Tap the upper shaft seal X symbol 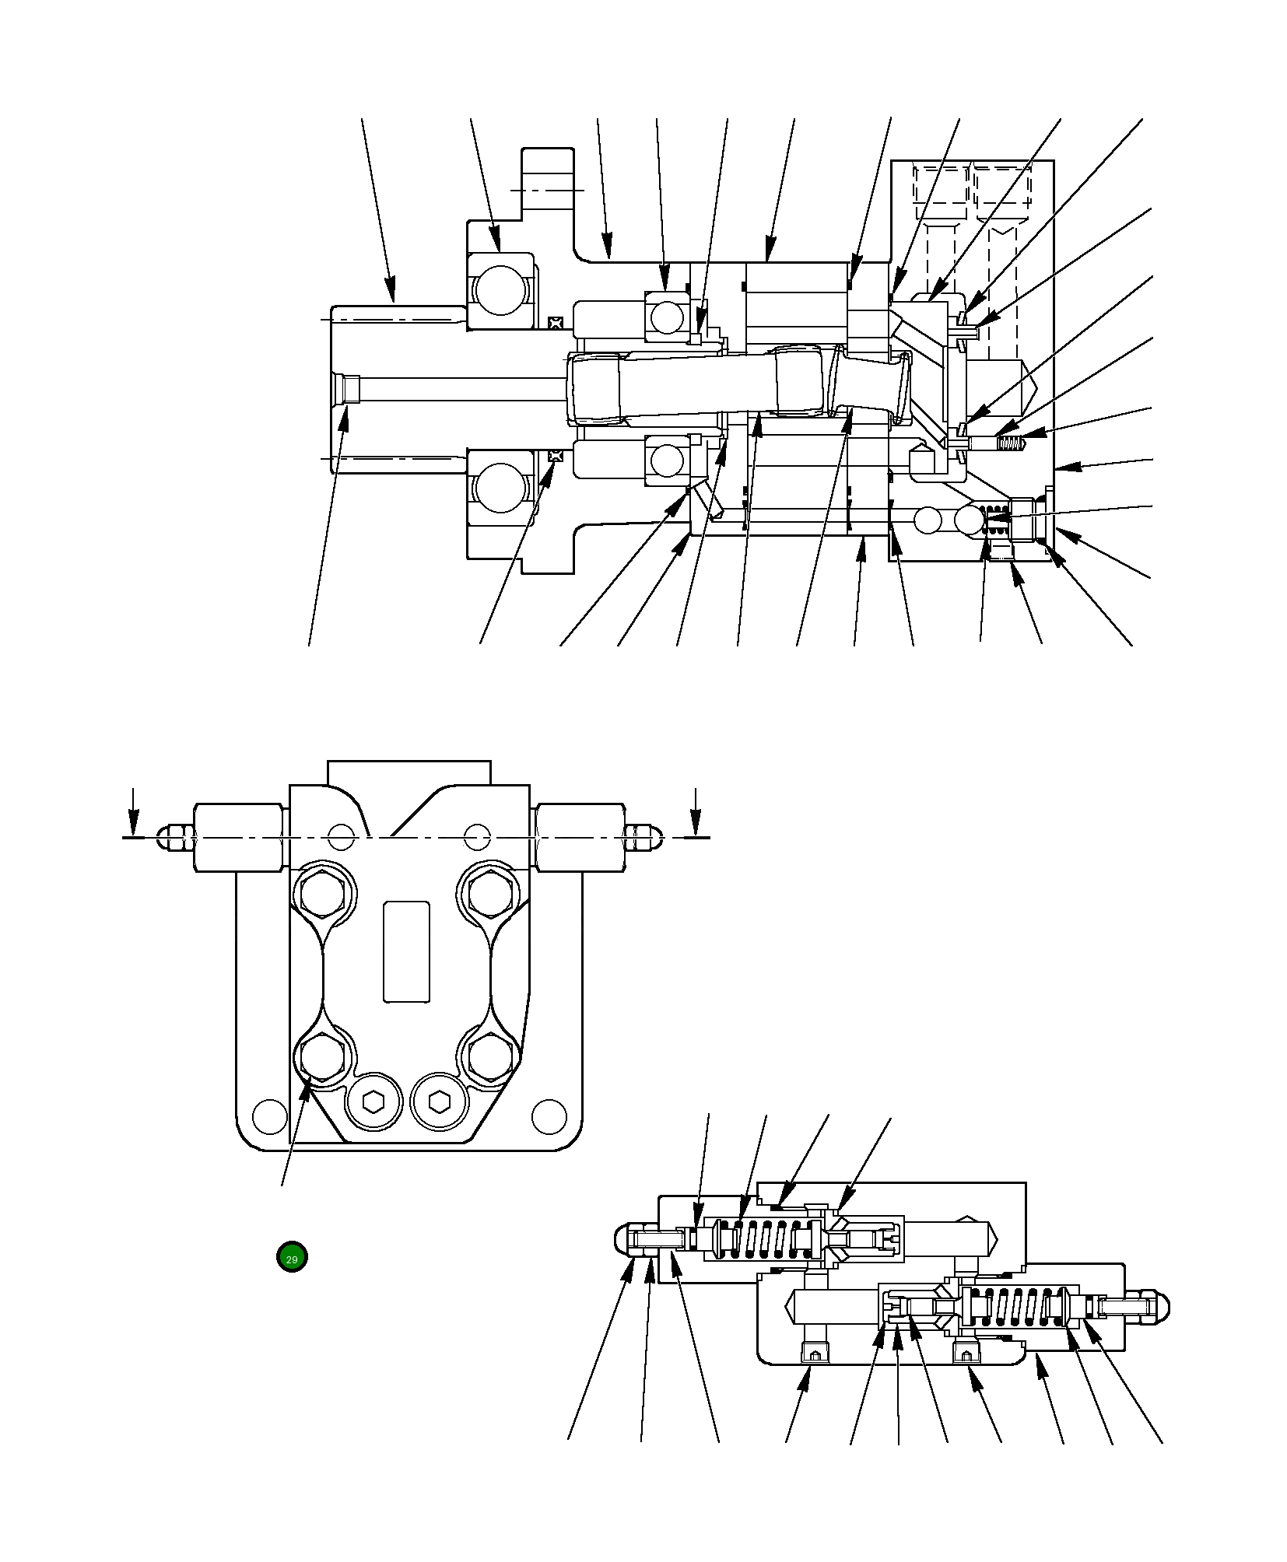(x=555, y=322)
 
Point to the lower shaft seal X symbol (x=555, y=456)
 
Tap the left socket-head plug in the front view (x=373, y=1101)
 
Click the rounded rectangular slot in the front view (x=406, y=951)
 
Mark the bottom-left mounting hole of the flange (x=270, y=1116)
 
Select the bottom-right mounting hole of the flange (x=549, y=1116)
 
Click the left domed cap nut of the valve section (x=629, y=1236)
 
